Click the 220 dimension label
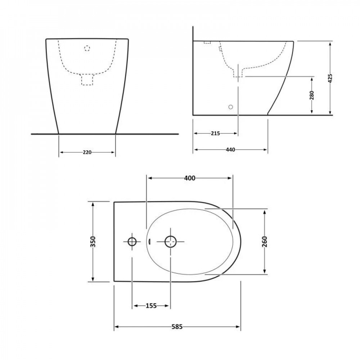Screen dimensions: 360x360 point(87,152)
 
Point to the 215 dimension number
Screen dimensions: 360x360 point(215,133)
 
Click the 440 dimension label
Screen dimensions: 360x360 point(230,149)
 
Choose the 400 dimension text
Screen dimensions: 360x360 point(189,178)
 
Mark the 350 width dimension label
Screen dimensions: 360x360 point(93,242)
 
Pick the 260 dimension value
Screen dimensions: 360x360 point(265,242)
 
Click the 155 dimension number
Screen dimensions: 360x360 point(151,306)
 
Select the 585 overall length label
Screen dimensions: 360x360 point(177,327)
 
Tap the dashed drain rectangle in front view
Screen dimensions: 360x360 point(87,80)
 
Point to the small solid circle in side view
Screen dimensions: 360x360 point(231,107)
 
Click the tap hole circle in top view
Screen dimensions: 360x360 point(132,242)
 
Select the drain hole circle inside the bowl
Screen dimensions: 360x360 point(170,242)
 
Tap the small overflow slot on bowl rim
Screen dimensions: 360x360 point(148,242)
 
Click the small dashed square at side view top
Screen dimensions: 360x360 point(207,42)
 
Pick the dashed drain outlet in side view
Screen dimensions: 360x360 point(238,73)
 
